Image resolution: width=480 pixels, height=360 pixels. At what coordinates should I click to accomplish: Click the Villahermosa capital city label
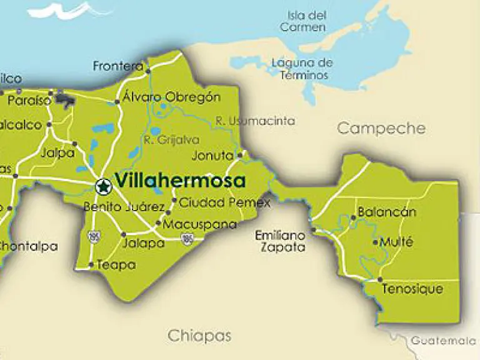(x=181, y=181)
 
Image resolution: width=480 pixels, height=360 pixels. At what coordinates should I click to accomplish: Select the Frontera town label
(x=118, y=66)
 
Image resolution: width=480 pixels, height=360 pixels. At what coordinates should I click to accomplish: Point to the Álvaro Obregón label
(x=171, y=97)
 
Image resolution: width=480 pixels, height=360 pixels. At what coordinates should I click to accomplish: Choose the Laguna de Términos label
(x=302, y=69)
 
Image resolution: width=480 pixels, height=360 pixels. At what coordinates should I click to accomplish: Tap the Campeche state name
(x=381, y=129)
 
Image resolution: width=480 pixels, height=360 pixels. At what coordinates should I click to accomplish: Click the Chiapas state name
(x=199, y=336)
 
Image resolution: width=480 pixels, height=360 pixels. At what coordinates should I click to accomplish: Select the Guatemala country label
(x=444, y=341)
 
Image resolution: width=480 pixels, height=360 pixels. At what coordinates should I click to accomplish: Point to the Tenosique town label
(x=412, y=289)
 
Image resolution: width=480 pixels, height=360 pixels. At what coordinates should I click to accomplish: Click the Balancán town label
(x=386, y=212)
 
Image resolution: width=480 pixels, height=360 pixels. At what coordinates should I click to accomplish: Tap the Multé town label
(x=396, y=242)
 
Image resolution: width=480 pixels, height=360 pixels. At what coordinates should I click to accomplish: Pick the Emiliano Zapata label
(x=280, y=241)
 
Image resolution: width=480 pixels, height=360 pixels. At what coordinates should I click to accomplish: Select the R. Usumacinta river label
(x=254, y=121)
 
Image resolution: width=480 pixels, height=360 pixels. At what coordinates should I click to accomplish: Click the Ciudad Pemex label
(x=224, y=202)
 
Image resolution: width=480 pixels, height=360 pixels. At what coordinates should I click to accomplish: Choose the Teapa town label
(x=116, y=265)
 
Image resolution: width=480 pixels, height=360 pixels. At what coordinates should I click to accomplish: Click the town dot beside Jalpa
(x=74, y=143)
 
